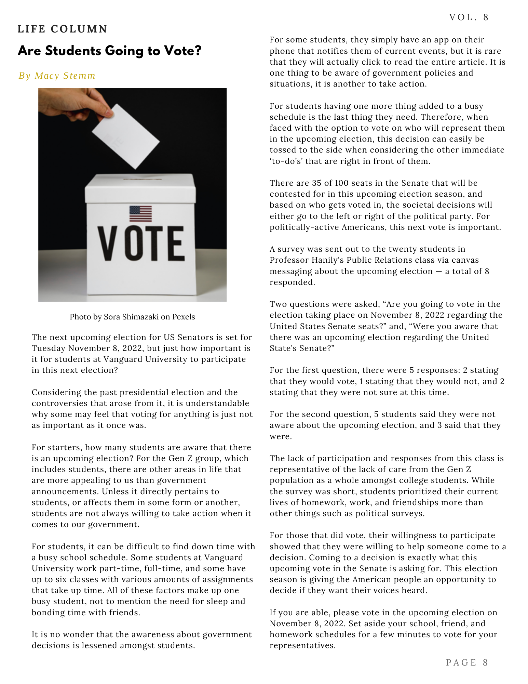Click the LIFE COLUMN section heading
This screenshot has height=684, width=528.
[x=63, y=29]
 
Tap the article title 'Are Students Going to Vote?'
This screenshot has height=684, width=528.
[x=109, y=51]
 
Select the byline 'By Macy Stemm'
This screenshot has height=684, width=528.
[x=57, y=76]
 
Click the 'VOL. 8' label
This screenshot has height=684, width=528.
[x=469, y=17]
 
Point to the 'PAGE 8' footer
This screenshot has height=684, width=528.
[x=467, y=662]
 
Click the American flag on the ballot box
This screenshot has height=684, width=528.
[x=140, y=214]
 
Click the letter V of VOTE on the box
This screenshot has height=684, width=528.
[x=108, y=244]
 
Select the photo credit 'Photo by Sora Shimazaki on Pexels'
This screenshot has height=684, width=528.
[x=132, y=317]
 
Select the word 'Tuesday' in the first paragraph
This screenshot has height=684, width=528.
[x=49, y=348]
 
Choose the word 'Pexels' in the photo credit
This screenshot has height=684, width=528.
[x=184, y=317]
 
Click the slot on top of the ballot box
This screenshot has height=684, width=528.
[x=142, y=179]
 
